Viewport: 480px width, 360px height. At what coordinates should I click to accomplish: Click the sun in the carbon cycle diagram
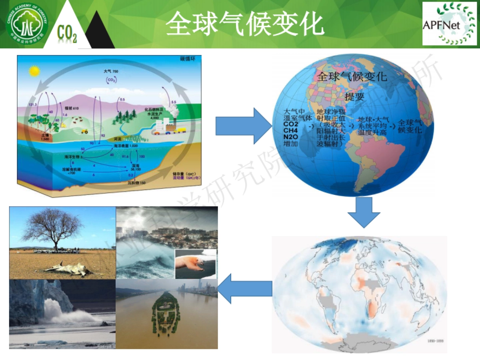tap(34, 72)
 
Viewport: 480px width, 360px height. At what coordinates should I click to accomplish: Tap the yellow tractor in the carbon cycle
tap(84, 130)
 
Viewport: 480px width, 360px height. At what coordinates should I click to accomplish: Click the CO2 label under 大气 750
tap(111, 80)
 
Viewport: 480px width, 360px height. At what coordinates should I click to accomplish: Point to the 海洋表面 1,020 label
tap(126, 146)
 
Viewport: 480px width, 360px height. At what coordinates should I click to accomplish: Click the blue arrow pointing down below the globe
tap(363, 212)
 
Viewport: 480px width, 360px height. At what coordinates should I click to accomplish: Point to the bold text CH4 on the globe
tap(290, 130)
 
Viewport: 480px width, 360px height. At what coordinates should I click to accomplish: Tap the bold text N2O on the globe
tap(291, 137)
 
